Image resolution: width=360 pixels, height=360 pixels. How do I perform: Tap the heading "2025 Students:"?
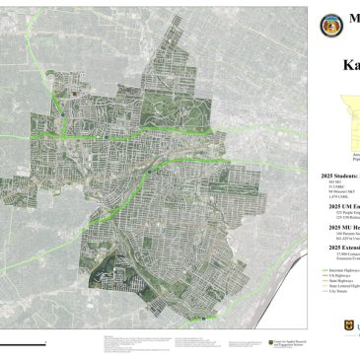(340, 175)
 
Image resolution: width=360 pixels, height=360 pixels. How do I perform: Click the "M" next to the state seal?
(352, 26)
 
